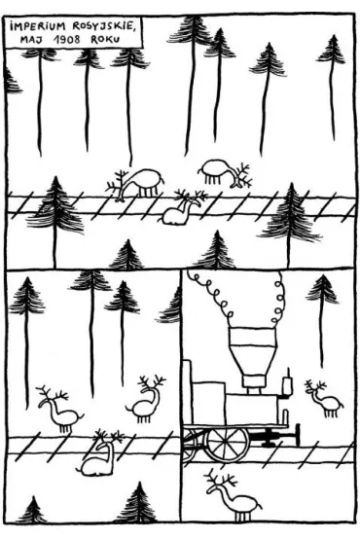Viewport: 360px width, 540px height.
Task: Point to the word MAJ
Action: point(31,39)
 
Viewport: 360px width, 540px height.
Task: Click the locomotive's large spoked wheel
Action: point(227,444)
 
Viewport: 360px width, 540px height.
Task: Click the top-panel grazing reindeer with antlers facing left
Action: point(136,183)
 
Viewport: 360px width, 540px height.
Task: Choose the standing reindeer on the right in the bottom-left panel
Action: point(146,400)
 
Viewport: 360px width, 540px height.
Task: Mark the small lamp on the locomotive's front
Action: point(287,383)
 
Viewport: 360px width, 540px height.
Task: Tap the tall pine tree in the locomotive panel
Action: point(322,310)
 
